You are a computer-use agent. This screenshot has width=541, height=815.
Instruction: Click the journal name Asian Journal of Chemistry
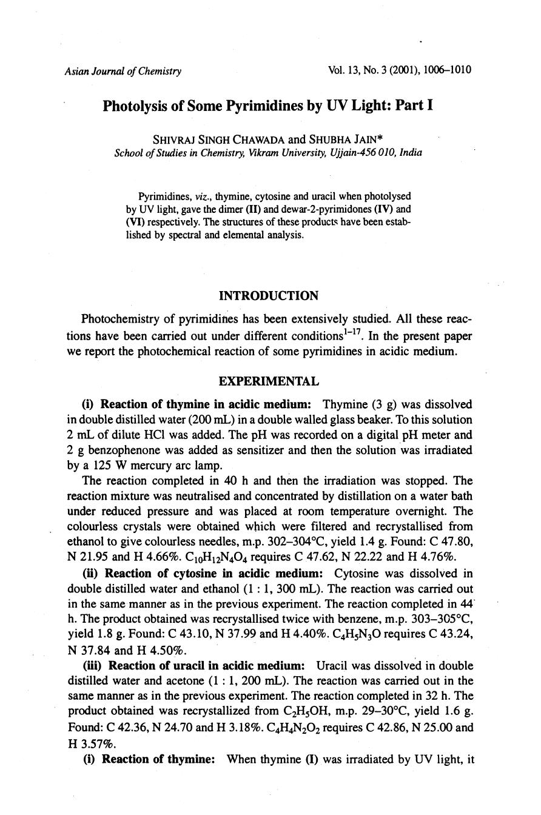[123, 71]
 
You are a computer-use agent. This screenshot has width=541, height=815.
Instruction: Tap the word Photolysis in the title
[134, 106]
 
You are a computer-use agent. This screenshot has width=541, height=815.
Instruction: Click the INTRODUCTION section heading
[268, 296]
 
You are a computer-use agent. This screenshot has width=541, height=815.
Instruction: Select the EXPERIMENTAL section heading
[268, 381]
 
